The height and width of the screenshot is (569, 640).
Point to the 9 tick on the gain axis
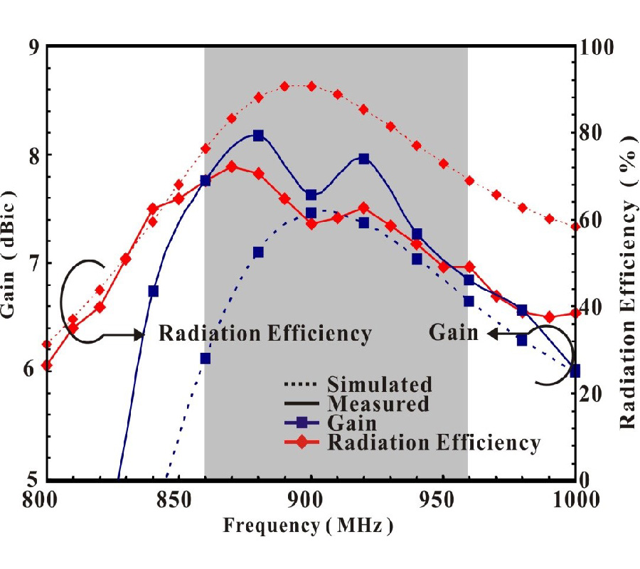click(32, 47)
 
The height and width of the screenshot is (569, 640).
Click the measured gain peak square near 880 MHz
click(258, 135)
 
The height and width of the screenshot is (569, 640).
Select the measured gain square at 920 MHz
click(364, 159)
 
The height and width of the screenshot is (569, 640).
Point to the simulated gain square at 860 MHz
click(206, 358)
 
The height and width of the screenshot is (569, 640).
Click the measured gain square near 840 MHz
click(153, 291)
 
